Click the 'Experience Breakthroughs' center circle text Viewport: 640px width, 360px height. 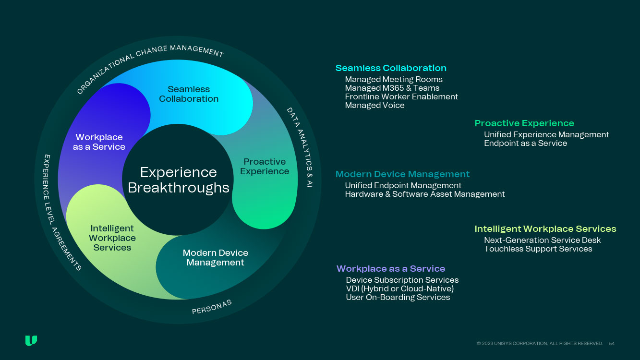178,180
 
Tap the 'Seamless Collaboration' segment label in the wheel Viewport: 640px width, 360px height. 189,94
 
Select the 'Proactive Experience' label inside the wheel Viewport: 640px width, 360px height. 265,167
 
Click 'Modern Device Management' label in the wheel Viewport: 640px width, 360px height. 215,258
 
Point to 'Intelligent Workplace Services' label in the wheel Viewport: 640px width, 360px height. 112,238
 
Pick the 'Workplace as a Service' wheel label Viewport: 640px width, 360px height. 99,142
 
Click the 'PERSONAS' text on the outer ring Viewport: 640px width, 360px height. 212,307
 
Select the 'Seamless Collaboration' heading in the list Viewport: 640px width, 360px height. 391,68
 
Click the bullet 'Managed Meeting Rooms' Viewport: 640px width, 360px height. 394,80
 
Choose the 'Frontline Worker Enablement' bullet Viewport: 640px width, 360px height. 401,97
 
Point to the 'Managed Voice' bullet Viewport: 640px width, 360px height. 374,106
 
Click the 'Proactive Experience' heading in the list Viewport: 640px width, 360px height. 524,123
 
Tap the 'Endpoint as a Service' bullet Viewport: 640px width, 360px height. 525,144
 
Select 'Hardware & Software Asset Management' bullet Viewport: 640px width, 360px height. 425,194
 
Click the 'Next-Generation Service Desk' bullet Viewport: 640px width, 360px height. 543,240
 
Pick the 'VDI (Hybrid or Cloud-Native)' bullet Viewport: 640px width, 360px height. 399,289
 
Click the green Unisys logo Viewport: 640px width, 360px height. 31,341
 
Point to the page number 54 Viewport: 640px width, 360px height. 612,344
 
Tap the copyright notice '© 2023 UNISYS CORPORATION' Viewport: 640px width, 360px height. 540,344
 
